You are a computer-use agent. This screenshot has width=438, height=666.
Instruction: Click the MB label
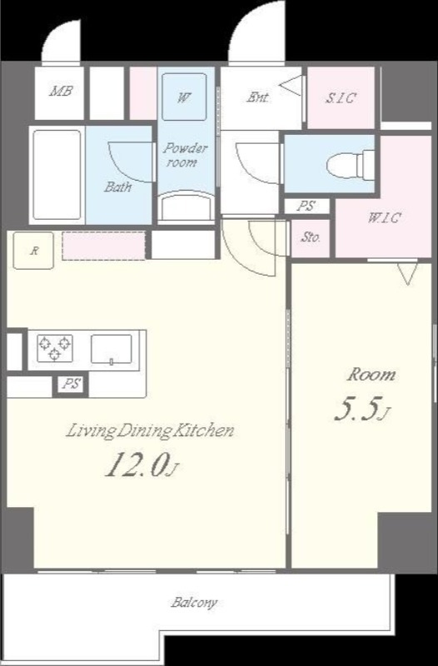point(61,91)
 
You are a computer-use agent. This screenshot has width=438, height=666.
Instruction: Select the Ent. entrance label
point(258,97)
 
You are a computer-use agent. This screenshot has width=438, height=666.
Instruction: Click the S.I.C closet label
point(341,98)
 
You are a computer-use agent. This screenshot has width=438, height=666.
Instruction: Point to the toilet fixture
point(351,163)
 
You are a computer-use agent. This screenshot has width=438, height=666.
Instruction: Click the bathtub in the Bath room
point(57,175)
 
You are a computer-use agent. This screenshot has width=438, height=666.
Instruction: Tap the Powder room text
point(185,155)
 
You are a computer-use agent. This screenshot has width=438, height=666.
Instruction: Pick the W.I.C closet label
point(385,218)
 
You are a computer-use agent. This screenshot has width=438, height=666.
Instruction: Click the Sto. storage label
point(311,237)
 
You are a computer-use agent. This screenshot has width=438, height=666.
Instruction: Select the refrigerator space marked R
point(33,251)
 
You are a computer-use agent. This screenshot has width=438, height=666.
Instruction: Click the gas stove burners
point(54,348)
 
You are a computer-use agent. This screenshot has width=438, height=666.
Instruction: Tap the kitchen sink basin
point(112,349)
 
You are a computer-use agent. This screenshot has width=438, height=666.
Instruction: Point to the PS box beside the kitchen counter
point(71,385)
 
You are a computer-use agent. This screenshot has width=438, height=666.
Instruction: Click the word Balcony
point(194,603)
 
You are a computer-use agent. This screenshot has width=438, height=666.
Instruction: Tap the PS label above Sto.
point(306,206)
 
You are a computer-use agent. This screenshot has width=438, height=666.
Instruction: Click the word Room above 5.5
point(371,375)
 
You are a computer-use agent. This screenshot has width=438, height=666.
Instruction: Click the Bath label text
point(117,186)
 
